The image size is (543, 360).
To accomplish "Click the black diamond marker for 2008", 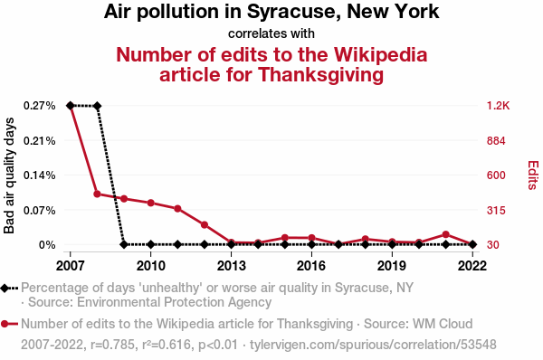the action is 97,106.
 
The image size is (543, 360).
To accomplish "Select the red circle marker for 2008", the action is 98,194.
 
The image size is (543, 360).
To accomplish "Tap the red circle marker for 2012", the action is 205,225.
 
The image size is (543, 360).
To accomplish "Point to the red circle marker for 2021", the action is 445,234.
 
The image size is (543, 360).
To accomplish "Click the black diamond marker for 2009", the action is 124,244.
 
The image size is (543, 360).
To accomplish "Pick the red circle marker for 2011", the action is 177,208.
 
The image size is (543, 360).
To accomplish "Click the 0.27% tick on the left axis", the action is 40,106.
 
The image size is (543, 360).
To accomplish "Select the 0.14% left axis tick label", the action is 40,175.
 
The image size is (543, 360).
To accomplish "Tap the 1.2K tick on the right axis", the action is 498,106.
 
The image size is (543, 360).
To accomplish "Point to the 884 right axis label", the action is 496,141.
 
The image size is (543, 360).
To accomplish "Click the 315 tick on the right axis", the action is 496,210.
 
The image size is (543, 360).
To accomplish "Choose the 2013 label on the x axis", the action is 231,266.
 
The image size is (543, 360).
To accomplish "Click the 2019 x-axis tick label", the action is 392,266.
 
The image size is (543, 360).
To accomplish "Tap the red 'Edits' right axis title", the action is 533,175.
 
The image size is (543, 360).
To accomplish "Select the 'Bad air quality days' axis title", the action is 9,175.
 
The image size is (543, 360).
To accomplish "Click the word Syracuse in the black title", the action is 295,12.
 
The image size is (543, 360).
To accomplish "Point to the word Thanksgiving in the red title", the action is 320,75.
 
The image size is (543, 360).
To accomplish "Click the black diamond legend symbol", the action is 9,288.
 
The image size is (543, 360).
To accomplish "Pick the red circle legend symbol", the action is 9,324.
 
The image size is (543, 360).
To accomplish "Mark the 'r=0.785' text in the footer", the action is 112,345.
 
